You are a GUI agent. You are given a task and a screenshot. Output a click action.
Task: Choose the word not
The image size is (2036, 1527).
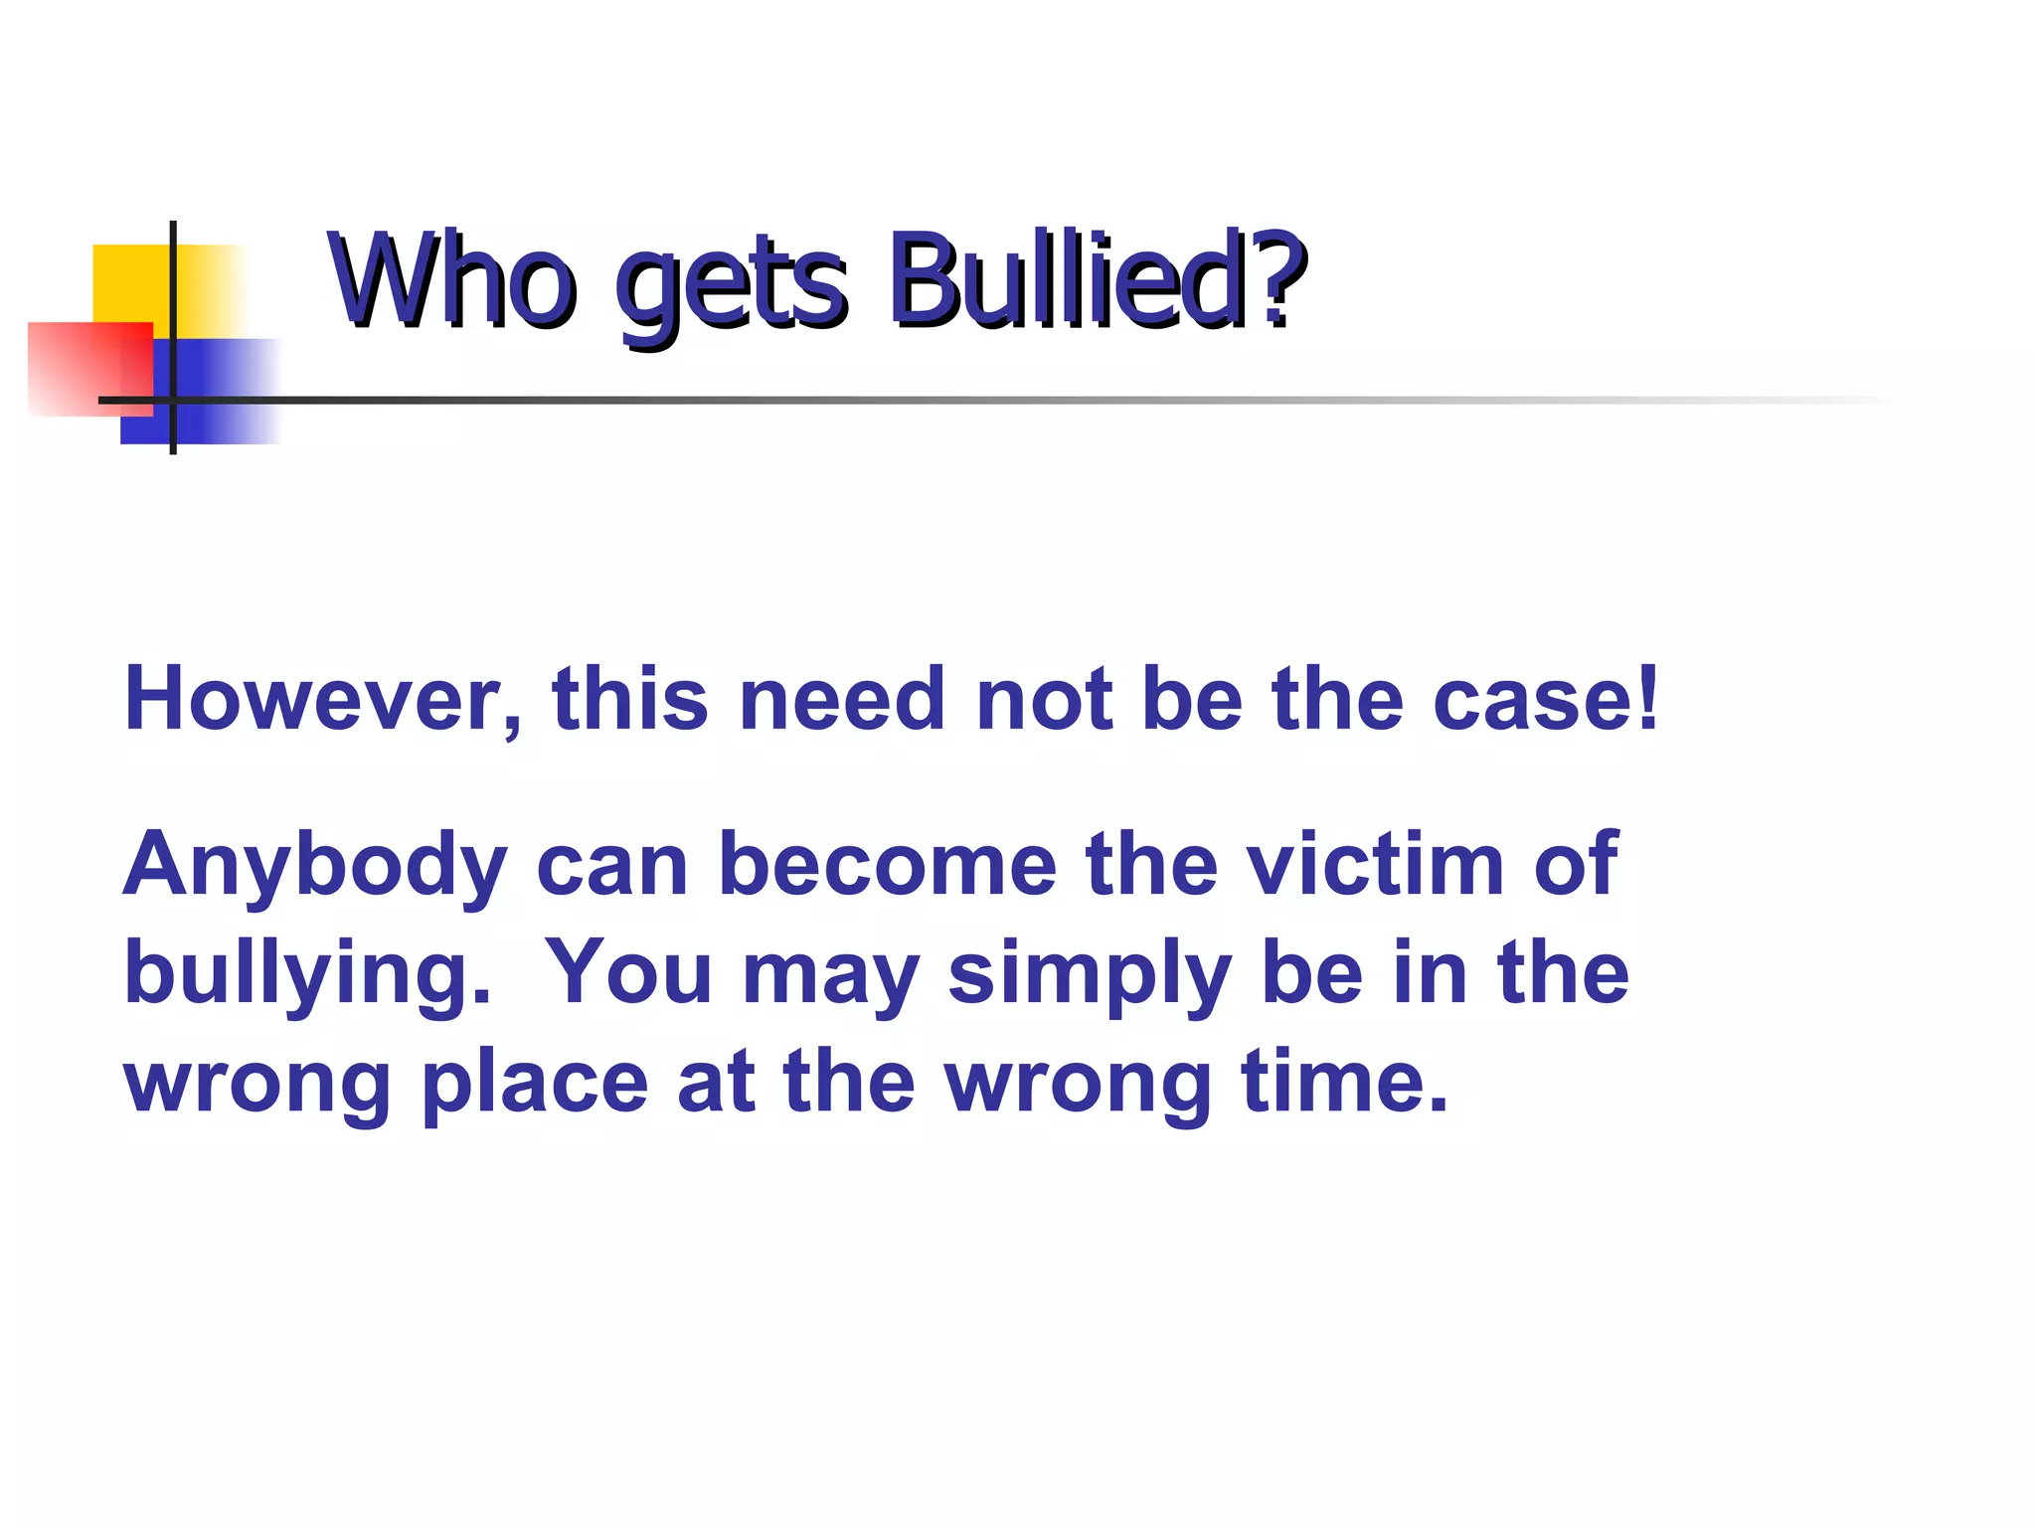[x=1044, y=700]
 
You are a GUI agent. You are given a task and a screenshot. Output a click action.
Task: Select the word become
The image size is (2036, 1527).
[x=887, y=865]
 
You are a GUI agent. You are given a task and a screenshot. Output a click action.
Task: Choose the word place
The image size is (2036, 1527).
[x=535, y=1084]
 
